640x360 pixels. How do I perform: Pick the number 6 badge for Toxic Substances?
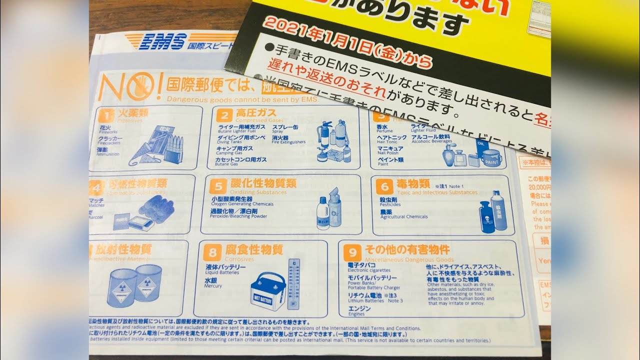click(x=384, y=187)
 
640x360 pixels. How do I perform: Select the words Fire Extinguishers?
click(x=288, y=142)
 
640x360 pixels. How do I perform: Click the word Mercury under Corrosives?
click(x=213, y=286)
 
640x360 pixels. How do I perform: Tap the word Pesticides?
click(x=390, y=204)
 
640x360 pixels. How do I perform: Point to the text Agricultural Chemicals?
click(x=404, y=217)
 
